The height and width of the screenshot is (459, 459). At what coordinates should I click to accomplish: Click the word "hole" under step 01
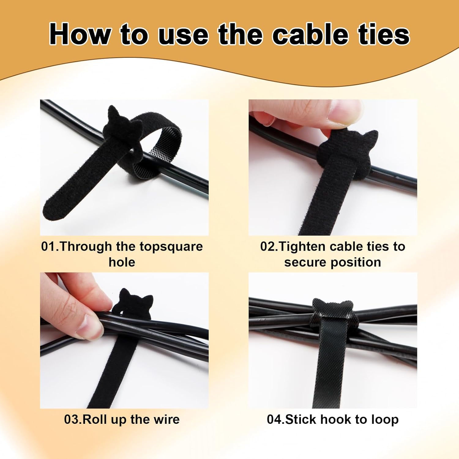tap(122, 262)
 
